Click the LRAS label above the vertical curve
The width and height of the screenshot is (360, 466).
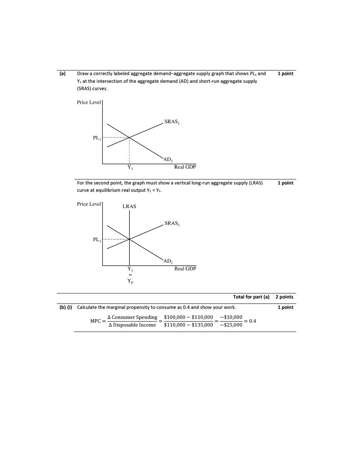[129, 206]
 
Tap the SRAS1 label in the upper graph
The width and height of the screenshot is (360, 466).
[172, 122]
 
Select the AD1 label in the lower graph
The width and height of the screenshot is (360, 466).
[168, 261]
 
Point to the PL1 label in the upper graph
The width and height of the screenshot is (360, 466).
[97, 138]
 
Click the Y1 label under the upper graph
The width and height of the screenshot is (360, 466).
[130, 168]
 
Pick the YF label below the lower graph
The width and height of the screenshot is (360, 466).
[131, 281]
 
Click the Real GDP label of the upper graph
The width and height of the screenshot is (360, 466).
[185, 167]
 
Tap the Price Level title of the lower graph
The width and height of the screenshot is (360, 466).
[89, 204]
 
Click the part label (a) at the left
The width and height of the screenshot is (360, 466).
[62, 74]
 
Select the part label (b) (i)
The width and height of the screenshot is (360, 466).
[65, 307]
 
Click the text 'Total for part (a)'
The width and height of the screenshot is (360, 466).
[251, 297]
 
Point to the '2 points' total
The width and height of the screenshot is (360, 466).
[284, 297]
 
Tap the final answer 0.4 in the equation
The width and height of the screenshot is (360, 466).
[253, 321]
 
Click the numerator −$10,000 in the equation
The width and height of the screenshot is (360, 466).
[231, 317]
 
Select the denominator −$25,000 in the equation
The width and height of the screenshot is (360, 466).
[231, 325]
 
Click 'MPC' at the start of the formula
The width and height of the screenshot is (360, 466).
[95, 321]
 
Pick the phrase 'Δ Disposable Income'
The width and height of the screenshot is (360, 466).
[132, 325]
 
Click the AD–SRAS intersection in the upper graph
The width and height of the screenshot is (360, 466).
[129, 137]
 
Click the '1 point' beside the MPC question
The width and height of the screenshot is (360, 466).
[285, 307]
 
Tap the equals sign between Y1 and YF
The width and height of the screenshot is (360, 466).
[130, 275]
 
